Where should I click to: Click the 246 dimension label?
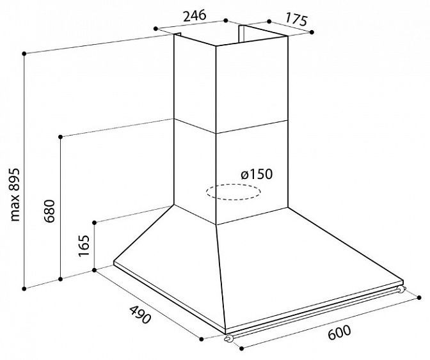pyautogui.click(x=195, y=16)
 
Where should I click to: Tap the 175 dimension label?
pyautogui.click(x=296, y=19)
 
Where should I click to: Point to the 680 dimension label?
pyautogui.click(x=50, y=211)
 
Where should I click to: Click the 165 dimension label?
pyautogui.click(x=84, y=246)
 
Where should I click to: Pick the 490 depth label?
pyautogui.click(x=140, y=315)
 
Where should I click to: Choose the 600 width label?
pyautogui.click(x=339, y=333)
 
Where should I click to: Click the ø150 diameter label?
pyautogui.click(x=257, y=174)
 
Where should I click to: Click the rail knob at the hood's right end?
pyautogui.click(x=401, y=289)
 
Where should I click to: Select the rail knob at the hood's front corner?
pyautogui.click(x=229, y=339)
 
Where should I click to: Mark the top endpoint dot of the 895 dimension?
pyautogui.click(x=24, y=54)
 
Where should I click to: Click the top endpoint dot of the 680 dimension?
pyautogui.click(x=61, y=136)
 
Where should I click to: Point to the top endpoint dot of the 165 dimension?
pyautogui.click(x=94, y=222)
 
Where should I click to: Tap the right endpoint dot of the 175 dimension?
pyautogui.click(x=312, y=33)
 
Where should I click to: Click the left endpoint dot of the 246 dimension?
pyautogui.click(x=155, y=29)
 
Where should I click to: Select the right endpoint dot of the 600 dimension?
pyautogui.click(x=418, y=297)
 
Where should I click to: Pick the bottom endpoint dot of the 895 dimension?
pyautogui.click(x=24, y=288)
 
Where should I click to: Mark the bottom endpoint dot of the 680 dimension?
pyautogui.click(x=61, y=279)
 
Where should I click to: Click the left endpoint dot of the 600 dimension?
pyautogui.click(x=242, y=348)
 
